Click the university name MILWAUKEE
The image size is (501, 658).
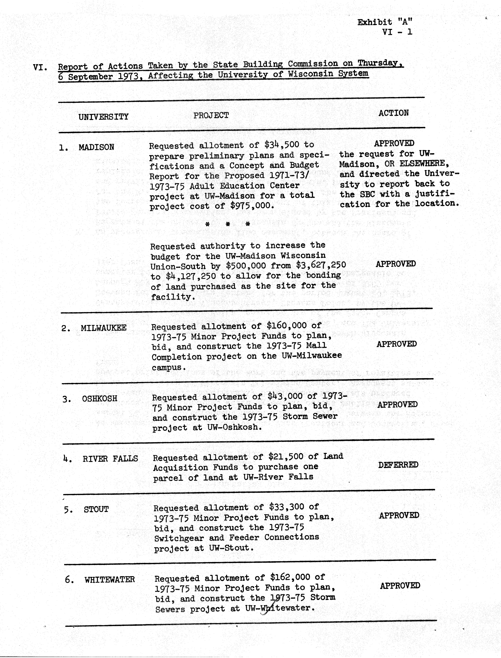click(x=104, y=328)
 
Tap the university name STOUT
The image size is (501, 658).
click(x=96, y=509)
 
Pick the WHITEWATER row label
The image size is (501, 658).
click(x=109, y=580)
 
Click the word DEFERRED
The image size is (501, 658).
click(x=398, y=465)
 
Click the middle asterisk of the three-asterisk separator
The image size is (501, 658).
click(x=228, y=224)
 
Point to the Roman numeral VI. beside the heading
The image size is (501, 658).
click(x=40, y=67)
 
